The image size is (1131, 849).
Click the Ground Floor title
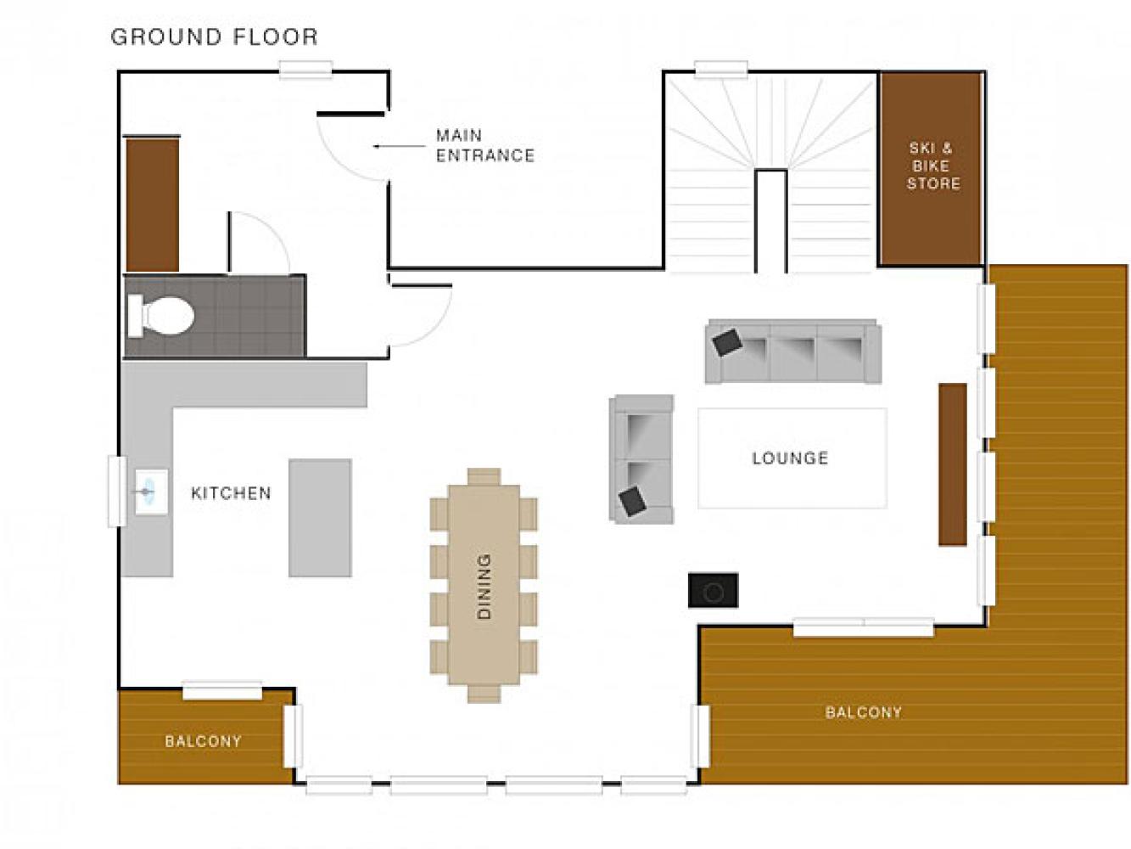tap(215, 37)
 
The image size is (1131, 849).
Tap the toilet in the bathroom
tap(160, 316)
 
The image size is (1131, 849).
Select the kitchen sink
tap(151, 492)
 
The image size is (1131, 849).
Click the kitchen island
tap(320, 518)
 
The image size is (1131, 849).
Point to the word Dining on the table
tap(484, 586)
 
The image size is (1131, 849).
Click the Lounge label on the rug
tap(790, 458)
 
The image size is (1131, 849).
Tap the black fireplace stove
tap(713, 590)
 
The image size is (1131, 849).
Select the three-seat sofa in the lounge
tap(793, 351)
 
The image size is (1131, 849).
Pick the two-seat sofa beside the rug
tap(641, 459)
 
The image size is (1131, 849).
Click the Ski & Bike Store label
tap(932, 166)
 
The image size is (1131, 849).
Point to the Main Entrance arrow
tap(400, 146)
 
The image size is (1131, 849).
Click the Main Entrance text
tap(484, 145)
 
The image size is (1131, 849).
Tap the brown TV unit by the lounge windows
tap(952, 464)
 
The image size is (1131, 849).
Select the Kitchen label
tap(231, 493)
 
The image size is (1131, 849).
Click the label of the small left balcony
tap(203, 741)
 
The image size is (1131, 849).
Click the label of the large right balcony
tap(863, 712)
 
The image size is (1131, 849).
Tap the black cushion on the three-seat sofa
tap(727, 342)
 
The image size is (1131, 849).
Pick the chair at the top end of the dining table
tap(484, 476)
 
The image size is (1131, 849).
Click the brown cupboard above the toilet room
tap(153, 204)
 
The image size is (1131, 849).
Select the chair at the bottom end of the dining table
tap(484, 694)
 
